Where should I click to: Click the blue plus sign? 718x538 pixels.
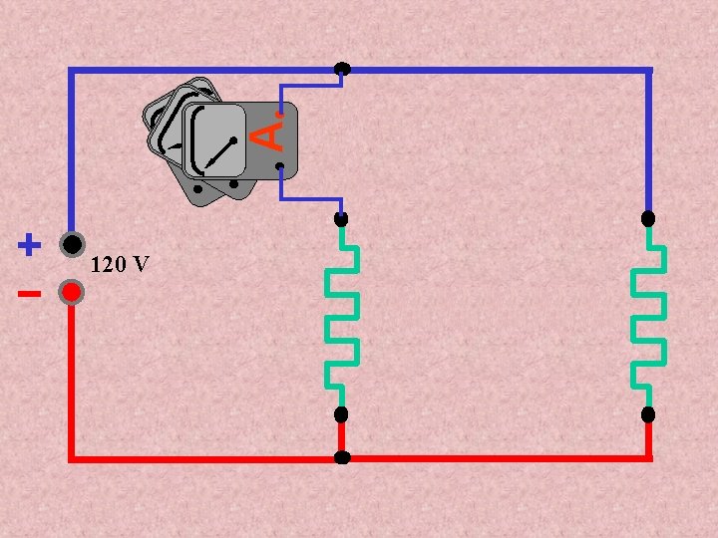[30, 243]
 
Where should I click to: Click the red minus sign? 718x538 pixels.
[29, 294]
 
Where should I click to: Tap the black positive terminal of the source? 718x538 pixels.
[71, 243]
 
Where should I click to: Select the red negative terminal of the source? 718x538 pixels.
[71, 292]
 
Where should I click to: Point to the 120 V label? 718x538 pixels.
[120, 265]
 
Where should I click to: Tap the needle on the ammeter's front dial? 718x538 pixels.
[220, 152]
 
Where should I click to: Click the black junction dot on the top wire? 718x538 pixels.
[342, 69]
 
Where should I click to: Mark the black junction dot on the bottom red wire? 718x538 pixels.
[342, 458]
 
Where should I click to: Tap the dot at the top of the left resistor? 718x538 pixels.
[341, 218]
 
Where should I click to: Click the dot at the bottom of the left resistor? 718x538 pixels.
[341, 414]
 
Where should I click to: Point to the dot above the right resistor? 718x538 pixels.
[648, 217]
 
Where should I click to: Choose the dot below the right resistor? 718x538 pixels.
[648, 414]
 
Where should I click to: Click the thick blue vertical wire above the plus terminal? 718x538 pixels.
[71, 149]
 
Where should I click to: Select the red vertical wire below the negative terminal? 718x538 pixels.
[71, 379]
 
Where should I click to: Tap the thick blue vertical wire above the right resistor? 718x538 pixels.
[648, 139]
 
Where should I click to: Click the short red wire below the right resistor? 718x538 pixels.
[648, 438]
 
